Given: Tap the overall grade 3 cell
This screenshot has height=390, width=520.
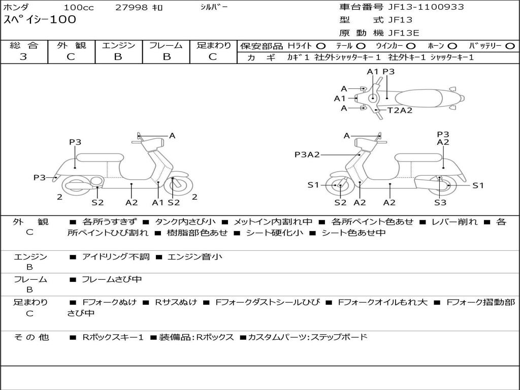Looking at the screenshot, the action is click(23, 57).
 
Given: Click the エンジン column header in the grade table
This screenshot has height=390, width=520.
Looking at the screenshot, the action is click(118, 45).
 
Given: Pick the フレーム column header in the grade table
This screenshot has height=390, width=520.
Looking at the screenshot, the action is click(166, 45).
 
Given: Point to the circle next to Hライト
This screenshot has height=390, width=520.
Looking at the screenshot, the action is click(320, 46).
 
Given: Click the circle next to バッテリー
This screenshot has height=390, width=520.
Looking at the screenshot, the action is click(510, 46).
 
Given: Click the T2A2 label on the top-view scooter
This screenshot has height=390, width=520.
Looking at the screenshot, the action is click(400, 110).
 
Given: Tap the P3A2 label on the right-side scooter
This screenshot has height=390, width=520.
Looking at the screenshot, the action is click(307, 154).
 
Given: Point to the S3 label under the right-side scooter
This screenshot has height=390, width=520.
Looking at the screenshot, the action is click(440, 203).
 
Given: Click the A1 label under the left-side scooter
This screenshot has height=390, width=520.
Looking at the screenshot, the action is click(158, 203).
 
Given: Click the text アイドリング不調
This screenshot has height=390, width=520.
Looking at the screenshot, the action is click(116, 257).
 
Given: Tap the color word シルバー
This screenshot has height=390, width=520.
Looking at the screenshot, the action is click(214, 7).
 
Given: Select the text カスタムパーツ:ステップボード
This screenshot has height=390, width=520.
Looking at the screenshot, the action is click(307, 337).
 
